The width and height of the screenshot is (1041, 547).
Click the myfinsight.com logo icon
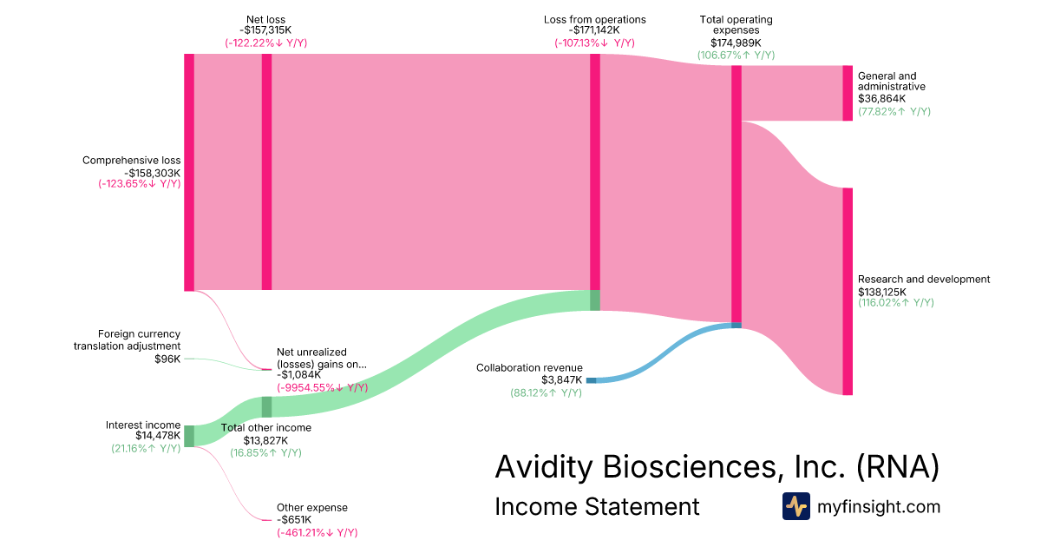coord(796,506)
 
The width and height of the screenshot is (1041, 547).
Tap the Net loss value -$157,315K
coord(265,30)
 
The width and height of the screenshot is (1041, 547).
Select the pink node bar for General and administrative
coord(848,93)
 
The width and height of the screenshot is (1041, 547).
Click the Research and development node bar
coord(848,292)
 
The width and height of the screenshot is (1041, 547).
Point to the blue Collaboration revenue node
coord(591,380)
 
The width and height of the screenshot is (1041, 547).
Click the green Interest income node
coord(189,436)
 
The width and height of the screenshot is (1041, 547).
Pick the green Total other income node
coord(267,407)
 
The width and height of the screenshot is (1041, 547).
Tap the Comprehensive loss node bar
coord(189,173)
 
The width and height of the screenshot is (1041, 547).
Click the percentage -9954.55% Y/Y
coord(322,387)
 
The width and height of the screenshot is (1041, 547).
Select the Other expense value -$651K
coord(294,519)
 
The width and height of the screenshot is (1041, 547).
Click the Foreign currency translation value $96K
coord(167,359)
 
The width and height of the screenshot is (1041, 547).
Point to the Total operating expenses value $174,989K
coord(737,43)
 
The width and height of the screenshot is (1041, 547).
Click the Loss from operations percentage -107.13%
coord(594,43)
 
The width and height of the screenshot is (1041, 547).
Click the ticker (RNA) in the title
coord(898,466)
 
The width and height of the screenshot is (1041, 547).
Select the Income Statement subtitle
coord(597,506)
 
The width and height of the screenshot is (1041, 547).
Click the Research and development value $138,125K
coord(882,292)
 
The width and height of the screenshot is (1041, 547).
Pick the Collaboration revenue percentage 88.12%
coord(546,392)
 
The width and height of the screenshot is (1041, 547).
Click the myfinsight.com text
coord(878,506)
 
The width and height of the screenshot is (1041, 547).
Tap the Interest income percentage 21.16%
coord(146,448)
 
